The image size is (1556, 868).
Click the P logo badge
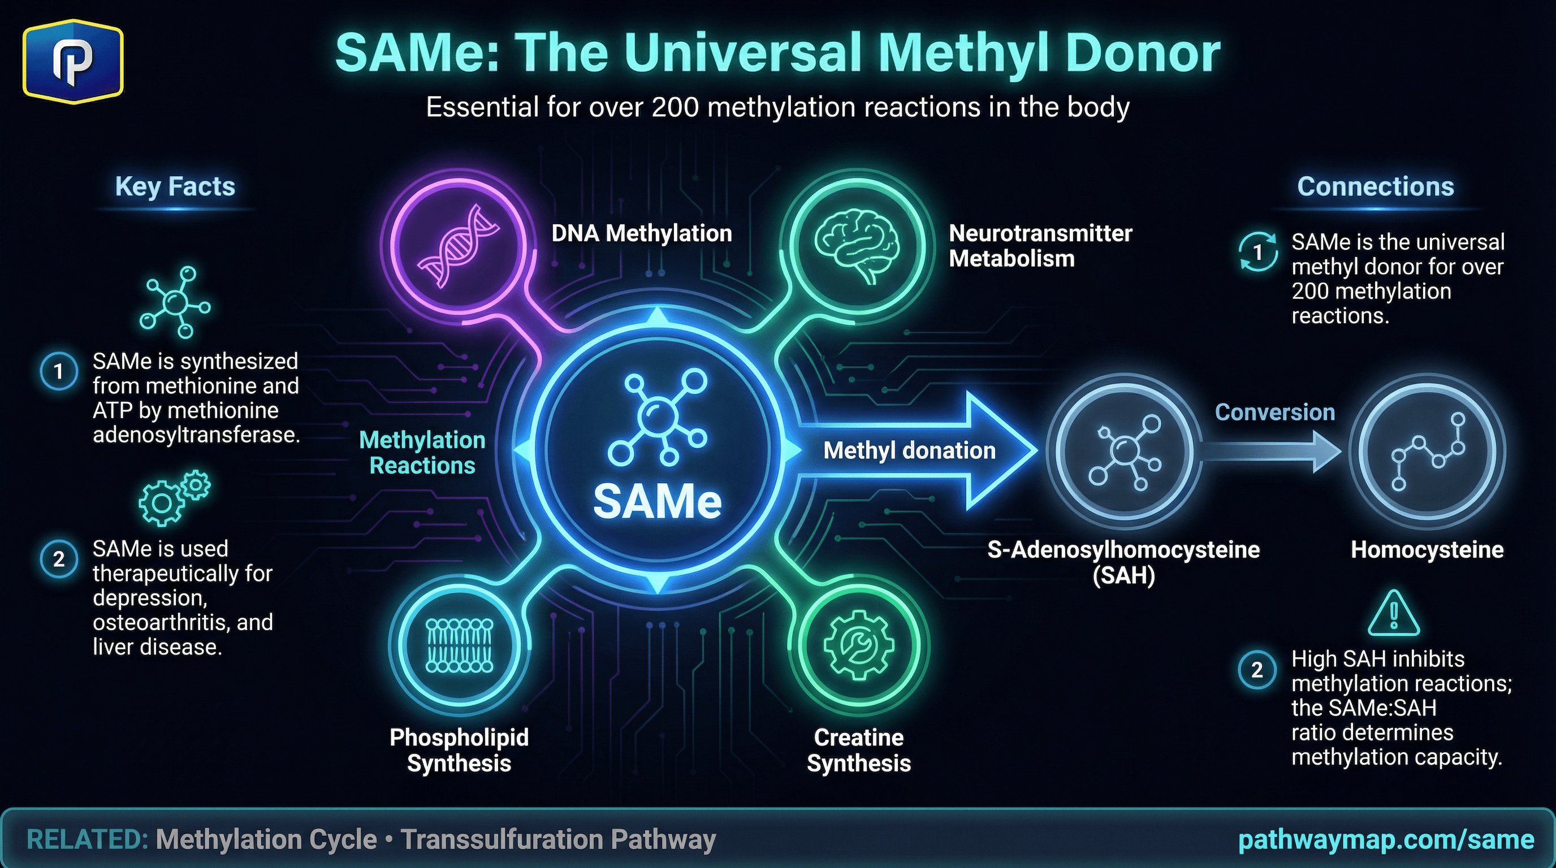coord(73,61)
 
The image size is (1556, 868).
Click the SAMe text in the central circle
coord(657,502)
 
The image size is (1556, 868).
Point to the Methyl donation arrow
coord(912,450)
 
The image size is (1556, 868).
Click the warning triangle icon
coord(1394,614)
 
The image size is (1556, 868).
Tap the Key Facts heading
coord(175,186)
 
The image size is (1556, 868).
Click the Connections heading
coord(1376,186)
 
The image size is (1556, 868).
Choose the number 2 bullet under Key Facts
coord(59,559)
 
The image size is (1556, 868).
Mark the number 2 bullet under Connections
coord(1257,670)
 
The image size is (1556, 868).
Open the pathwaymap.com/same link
coord(1386,840)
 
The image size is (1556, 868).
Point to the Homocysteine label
coord(1427,550)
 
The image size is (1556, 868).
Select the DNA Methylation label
coord(642,233)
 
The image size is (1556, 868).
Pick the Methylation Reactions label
coord(422,453)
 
